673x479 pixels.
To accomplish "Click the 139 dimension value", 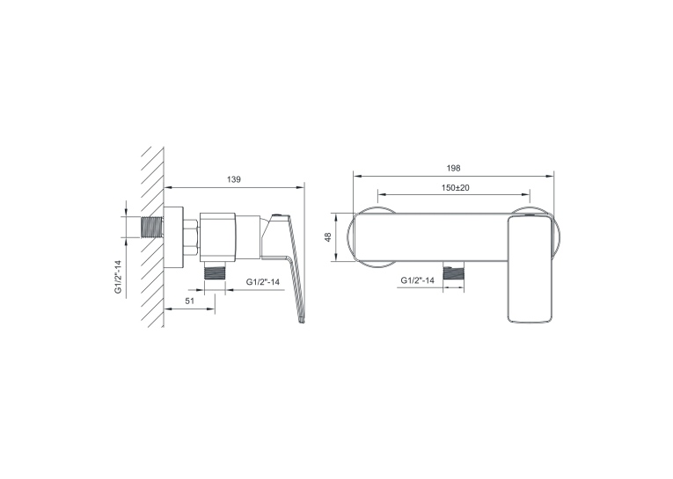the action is [x=234, y=179].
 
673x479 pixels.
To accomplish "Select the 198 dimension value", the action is [x=453, y=168].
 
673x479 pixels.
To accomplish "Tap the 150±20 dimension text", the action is [x=456, y=188].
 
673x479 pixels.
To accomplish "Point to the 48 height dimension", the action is [x=328, y=237].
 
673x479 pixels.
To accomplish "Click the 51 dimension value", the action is [x=190, y=301].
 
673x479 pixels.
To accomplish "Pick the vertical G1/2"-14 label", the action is [x=118, y=277].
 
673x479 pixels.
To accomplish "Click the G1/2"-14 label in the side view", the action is [x=263, y=282].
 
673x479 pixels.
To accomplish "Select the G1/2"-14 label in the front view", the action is [x=418, y=280].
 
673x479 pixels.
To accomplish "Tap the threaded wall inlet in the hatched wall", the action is [x=152, y=227].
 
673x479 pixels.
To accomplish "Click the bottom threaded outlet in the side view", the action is [x=215, y=271].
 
